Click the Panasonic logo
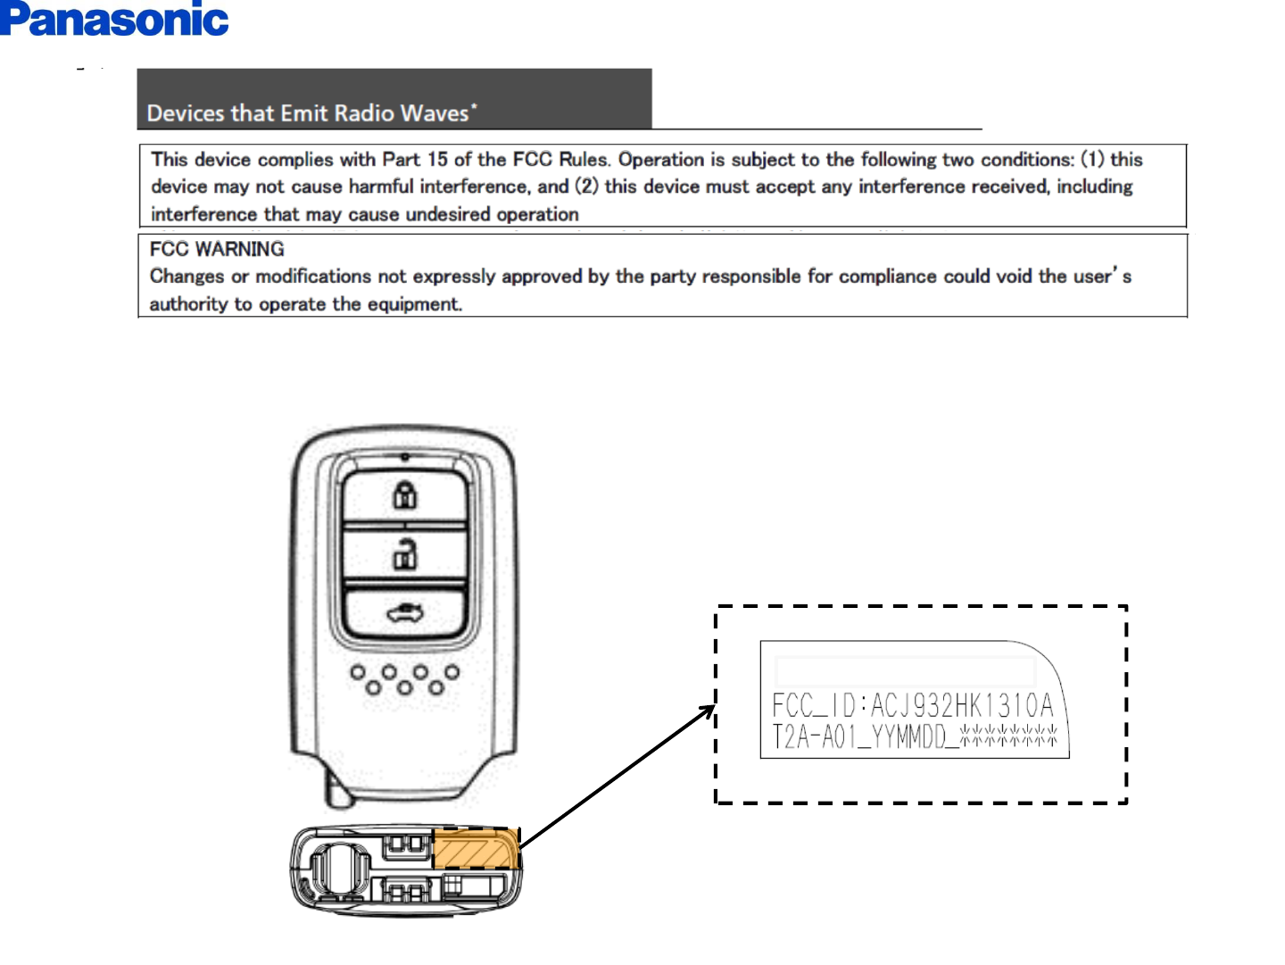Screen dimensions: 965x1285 (x=114, y=20)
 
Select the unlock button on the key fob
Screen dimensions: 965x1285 (x=405, y=555)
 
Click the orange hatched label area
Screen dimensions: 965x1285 (x=475, y=849)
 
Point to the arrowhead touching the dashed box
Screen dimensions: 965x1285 (x=709, y=711)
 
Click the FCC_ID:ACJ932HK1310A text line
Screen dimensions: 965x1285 (x=912, y=705)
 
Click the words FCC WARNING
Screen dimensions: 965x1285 (x=217, y=249)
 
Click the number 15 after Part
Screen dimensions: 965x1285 (x=437, y=160)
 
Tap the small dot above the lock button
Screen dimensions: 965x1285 (x=405, y=457)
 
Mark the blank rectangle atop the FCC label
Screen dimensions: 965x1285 (x=905, y=670)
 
